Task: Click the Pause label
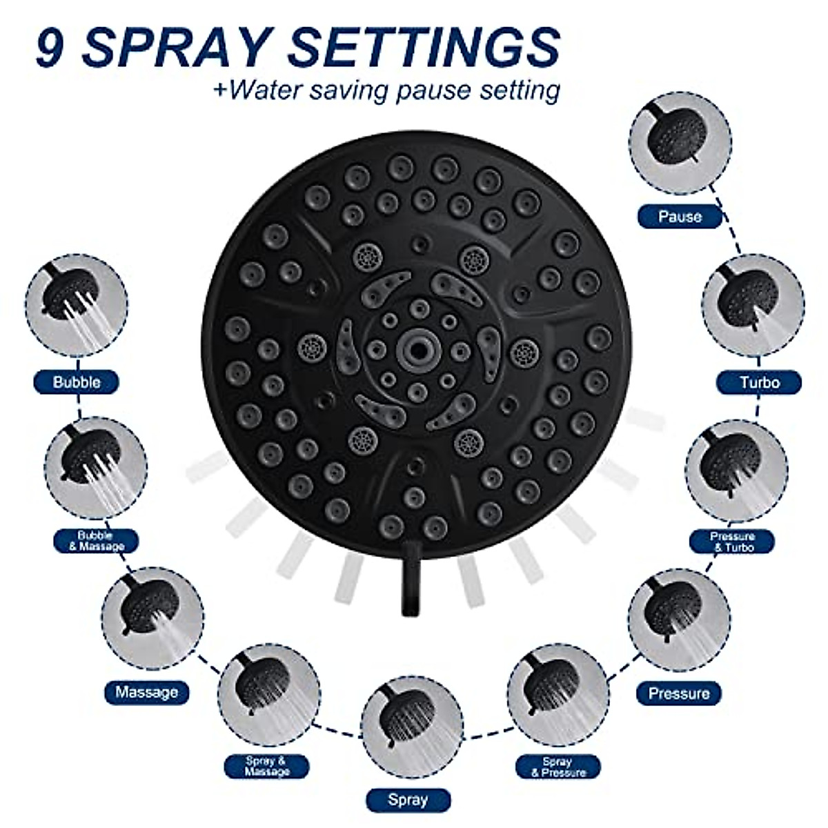(x=680, y=217)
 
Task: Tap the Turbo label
(x=759, y=382)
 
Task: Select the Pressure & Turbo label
(x=732, y=542)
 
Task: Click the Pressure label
(x=678, y=693)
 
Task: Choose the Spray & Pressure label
(x=558, y=767)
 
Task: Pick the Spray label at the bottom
(x=408, y=800)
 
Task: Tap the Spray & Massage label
(x=266, y=767)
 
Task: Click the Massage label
(x=146, y=692)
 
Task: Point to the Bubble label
(x=77, y=382)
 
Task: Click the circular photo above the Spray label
(x=412, y=728)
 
